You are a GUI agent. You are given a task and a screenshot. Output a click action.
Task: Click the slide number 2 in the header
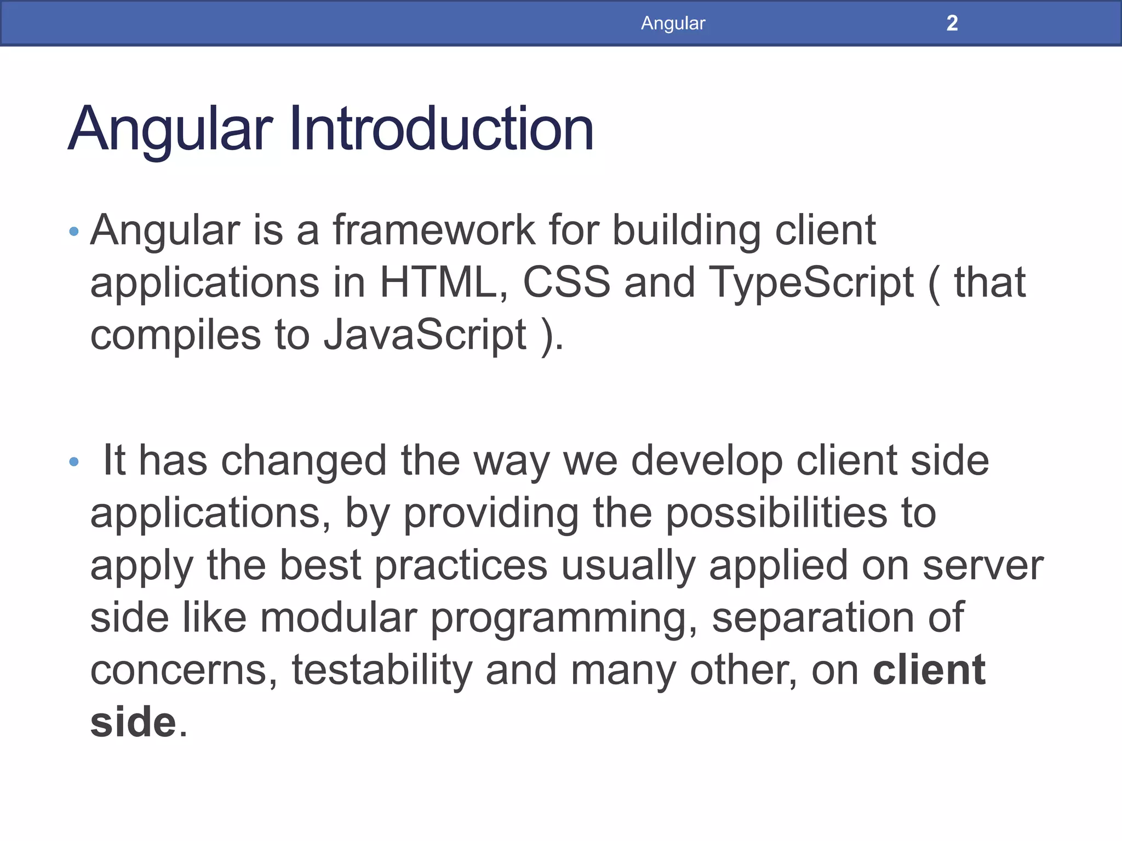[952, 23]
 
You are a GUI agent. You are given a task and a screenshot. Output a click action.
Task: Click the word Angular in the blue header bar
[673, 23]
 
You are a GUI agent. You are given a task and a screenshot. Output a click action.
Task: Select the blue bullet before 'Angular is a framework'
[75, 232]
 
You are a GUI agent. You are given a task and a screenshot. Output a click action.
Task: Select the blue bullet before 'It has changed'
[75, 462]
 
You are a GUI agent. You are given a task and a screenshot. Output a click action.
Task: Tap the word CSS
[566, 283]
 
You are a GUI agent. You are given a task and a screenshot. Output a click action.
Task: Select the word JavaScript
[425, 335]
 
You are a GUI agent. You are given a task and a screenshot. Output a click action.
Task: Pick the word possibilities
[776, 515]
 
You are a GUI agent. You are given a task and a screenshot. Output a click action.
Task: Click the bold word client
[929, 670]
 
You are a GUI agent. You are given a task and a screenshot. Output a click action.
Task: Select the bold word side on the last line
[133, 722]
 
